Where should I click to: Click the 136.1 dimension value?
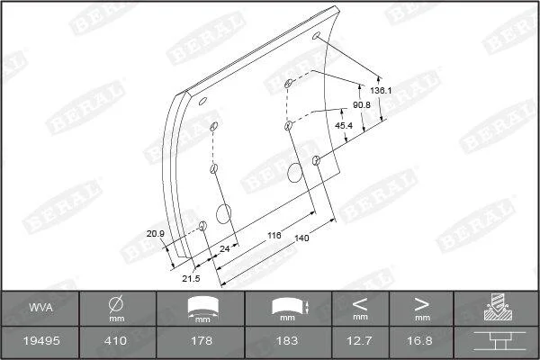click(x=381, y=91)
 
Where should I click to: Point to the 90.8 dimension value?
click(x=362, y=104)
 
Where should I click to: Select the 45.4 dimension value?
click(x=344, y=126)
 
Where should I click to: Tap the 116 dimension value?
click(x=274, y=235)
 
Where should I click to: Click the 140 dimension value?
click(x=301, y=238)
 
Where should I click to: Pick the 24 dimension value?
click(x=224, y=248)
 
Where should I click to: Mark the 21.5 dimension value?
click(x=191, y=278)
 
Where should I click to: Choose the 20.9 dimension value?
click(x=156, y=234)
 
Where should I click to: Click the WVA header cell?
click(x=40, y=307)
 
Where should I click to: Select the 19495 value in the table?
click(x=41, y=341)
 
